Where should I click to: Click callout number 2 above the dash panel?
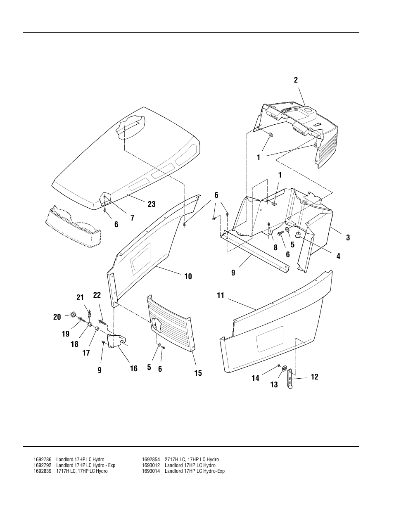[296, 80]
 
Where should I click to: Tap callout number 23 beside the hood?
[152, 204]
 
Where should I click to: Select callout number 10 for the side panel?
[188, 277]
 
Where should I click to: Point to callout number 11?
[221, 295]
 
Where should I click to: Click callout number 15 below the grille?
[198, 373]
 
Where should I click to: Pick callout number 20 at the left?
[57, 317]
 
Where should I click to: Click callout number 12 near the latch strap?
[314, 377]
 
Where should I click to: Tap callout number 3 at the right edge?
[348, 237]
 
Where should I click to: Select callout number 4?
[338, 256]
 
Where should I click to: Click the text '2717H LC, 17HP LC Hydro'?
[192, 460]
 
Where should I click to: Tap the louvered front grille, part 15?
[169, 322]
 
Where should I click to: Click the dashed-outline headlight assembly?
[72, 226]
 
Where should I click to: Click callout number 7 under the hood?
[132, 218]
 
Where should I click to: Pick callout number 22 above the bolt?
[97, 295]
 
